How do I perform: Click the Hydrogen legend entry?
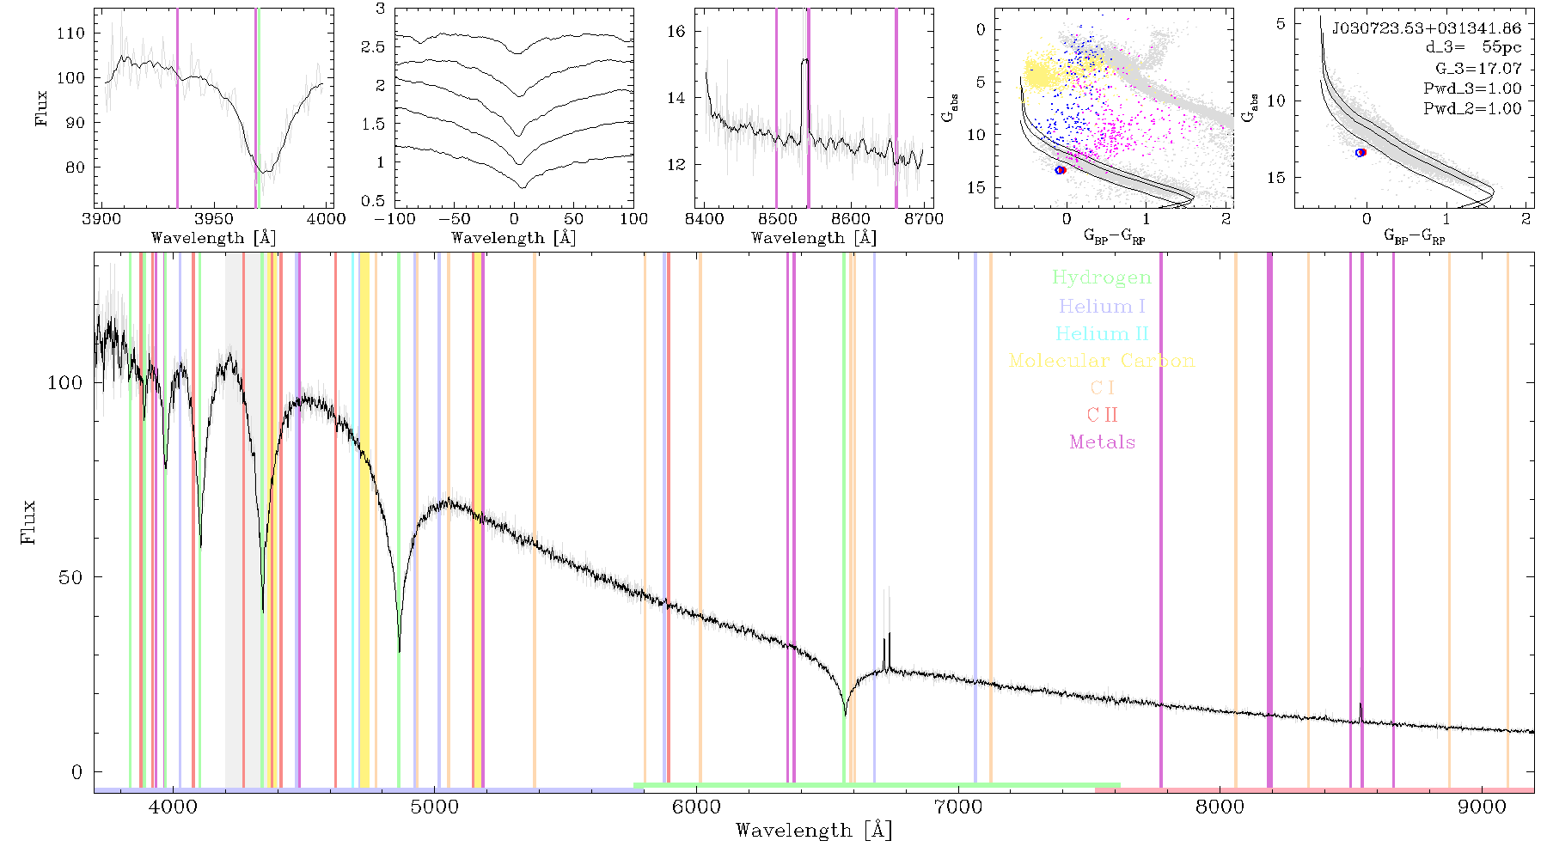[x=1101, y=278]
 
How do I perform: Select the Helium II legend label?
[x=1102, y=333]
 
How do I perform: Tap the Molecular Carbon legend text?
[x=1102, y=361]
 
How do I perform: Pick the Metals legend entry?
[x=1102, y=442]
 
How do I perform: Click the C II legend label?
[x=1102, y=415]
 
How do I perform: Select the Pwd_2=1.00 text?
[x=1472, y=108]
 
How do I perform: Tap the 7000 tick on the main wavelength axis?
[x=957, y=807]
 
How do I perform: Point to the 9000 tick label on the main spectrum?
[x=1481, y=807]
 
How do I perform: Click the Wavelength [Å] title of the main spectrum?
[x=814, y=831]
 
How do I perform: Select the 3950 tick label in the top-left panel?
[x=214, y=218]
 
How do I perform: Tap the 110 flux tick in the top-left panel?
[x=70, y=33]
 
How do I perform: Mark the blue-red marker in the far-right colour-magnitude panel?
[x=1361, y=153]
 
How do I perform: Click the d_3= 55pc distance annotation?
[x=1471, y=48]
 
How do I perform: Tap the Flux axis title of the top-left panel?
[x=41, y=108]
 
